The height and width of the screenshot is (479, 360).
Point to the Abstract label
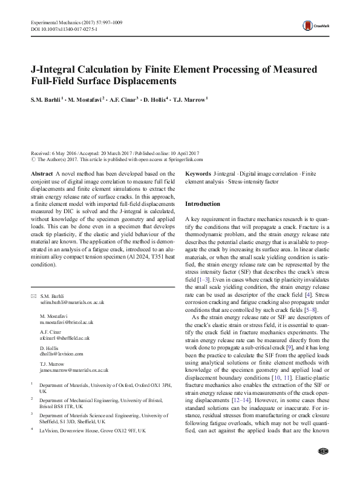[x=41, y=173]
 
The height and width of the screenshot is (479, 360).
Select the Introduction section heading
[x=203, y=204]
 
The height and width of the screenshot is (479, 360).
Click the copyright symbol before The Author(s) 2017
[x=32, y=159]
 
